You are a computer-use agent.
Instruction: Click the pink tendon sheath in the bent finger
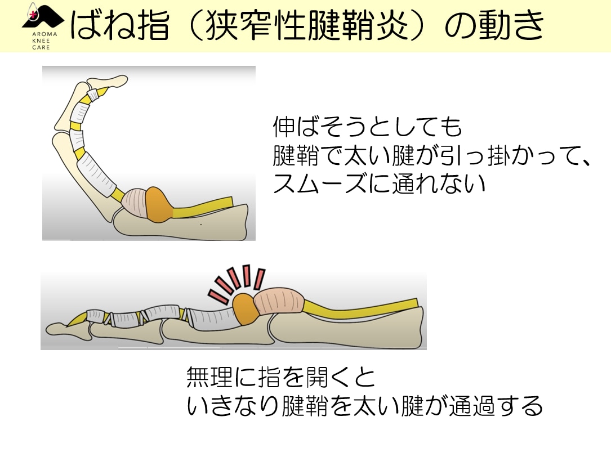coord(135,203)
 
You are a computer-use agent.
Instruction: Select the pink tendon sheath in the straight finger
coord(279,302)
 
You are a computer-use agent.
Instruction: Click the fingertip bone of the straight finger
coord(67,329)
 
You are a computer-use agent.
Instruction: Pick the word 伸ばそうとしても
coord(367,127)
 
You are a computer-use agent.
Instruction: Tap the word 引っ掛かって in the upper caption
coord(507,155)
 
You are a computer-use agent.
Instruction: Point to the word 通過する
coord(496,406)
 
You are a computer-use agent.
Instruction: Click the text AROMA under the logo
coord(44,34)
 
